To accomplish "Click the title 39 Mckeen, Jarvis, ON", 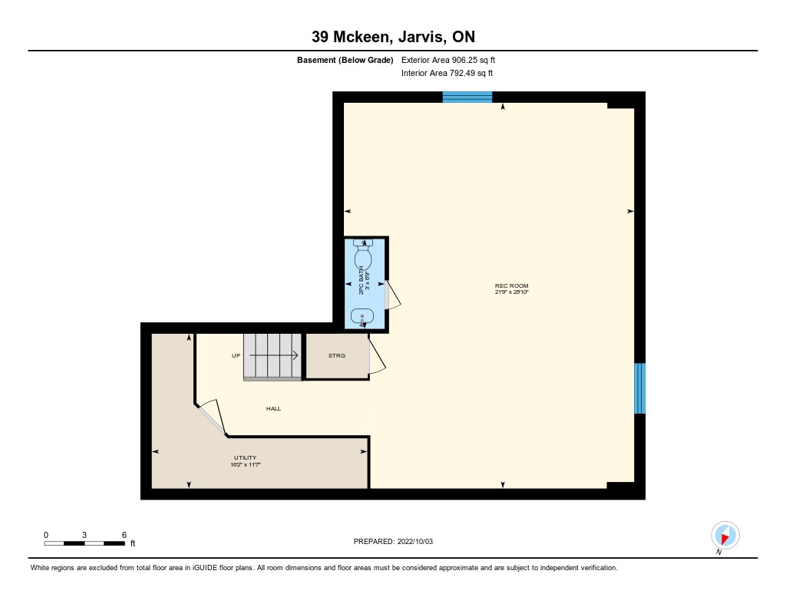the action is point(393,37).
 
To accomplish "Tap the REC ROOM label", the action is point(511,285).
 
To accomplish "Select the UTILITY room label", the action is point(245,457).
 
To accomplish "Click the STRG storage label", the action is point(337,355).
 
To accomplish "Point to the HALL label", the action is point(274,408).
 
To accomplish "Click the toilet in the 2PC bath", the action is point(363,255).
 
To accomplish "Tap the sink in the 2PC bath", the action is point(362,318).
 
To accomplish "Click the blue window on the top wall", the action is point(467,97).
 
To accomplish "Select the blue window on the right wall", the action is point(639,388).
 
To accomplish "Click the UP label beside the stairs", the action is point(236,356).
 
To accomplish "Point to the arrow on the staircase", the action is point(274,355).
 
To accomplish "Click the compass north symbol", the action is point(725,536).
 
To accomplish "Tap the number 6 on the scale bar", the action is point(124,535).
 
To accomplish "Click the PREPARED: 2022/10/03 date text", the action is point(393,541).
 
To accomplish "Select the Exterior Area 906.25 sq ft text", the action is point(448,60).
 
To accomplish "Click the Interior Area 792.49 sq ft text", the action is point(447,73).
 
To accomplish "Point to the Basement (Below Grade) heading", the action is point(345,60).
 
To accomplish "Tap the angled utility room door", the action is point(213,417).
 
